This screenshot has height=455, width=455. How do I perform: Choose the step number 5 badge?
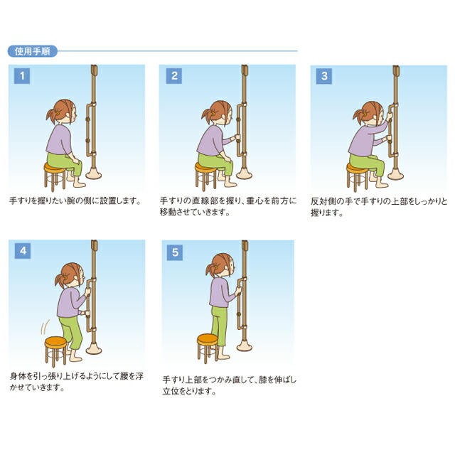click(175, 251)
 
